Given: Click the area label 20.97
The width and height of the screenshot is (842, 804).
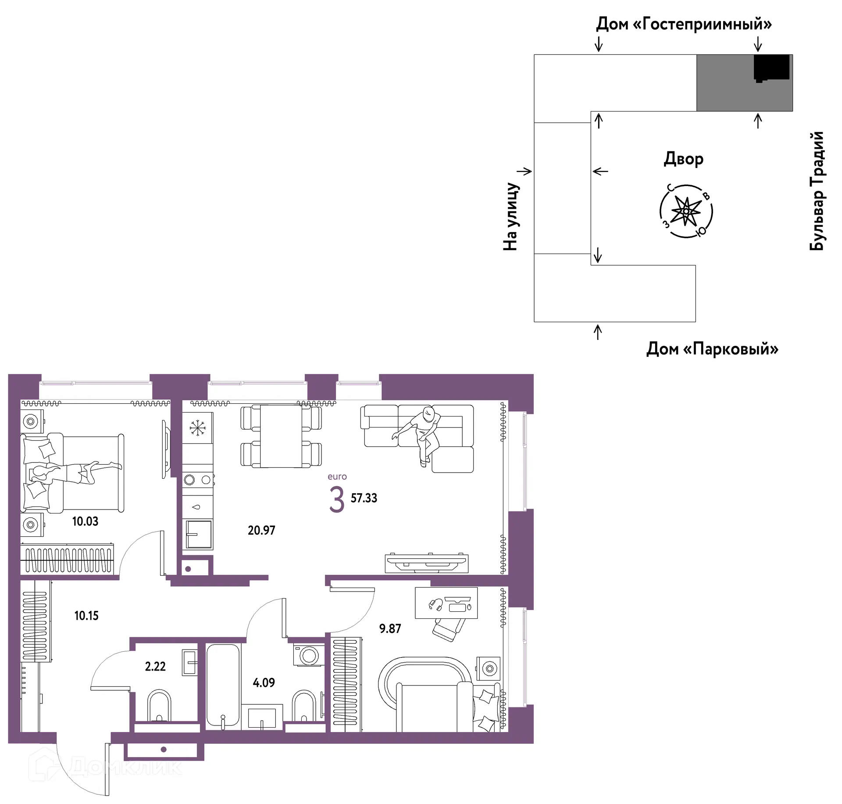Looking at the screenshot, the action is tap(261, 530).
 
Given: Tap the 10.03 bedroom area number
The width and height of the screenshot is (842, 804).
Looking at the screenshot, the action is tap(85, 521).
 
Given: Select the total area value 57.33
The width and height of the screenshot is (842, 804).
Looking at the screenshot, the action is tap(364, 498).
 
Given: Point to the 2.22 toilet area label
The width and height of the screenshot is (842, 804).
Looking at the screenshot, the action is tap(155, 666).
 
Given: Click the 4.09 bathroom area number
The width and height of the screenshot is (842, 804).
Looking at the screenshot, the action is tap(264, 682).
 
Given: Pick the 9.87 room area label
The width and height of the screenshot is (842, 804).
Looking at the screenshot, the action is tap(390, 628).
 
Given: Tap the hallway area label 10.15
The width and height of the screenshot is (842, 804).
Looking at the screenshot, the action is tap(86, 616).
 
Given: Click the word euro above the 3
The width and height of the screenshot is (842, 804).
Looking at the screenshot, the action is tap(337, 477).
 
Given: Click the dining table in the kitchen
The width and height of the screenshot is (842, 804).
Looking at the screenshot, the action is tap(281, 436).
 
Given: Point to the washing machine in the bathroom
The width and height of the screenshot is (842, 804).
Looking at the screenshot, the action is tap(309, 656).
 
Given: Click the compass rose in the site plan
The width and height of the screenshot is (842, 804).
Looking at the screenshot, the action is tap(686, 211).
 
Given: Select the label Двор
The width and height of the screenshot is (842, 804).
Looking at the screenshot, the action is tap(683, 159).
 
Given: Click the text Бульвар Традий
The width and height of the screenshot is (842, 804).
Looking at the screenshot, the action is tap(817, 191).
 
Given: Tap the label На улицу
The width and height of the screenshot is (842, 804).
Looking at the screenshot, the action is tap(511, 216).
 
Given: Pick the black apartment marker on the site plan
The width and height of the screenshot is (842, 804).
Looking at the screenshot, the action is tap(771, 68).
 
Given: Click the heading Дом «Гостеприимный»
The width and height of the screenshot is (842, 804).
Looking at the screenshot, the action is tap(684, 24).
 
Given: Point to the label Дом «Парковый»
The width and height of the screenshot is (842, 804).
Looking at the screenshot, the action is tap(712, 349).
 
